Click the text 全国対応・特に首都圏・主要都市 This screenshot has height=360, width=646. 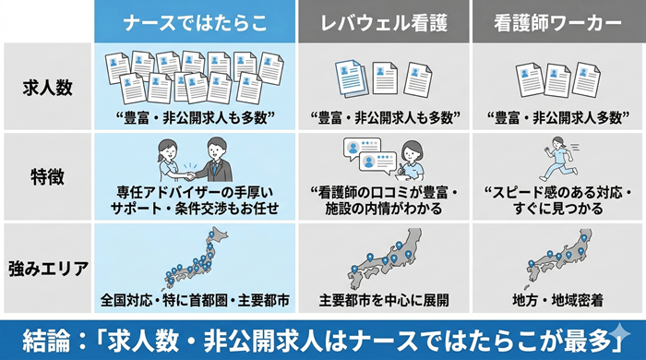pyautogui.click(x=196, y=301)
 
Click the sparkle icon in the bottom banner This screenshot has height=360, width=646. pyautogui.click(x=620, y=334)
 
